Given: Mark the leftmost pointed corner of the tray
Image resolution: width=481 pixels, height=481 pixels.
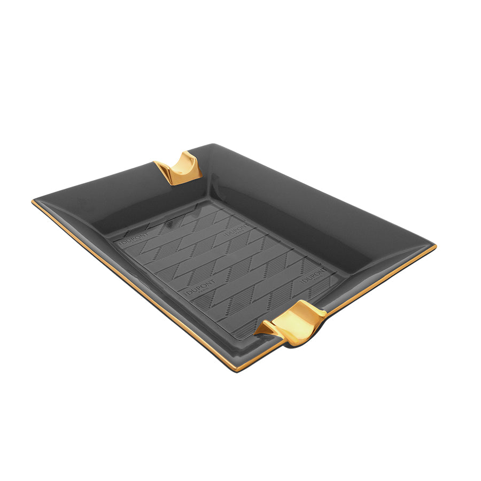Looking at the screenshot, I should pos(34,201).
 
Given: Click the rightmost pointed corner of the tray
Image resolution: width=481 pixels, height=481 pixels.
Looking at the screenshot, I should pos(435,246).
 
